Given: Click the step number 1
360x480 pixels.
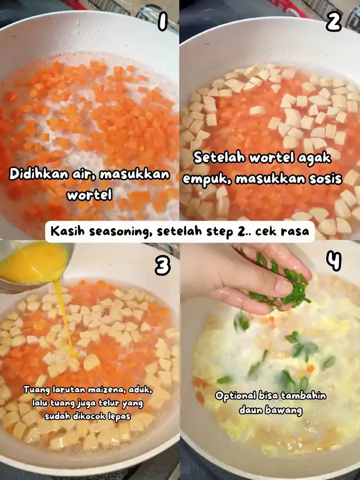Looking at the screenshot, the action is tap(163, 22).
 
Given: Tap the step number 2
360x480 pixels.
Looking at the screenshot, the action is tap(334, 22).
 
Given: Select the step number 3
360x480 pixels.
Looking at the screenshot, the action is tap(162, 266).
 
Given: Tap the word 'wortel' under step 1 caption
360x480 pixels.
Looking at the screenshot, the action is tap(89, 195).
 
